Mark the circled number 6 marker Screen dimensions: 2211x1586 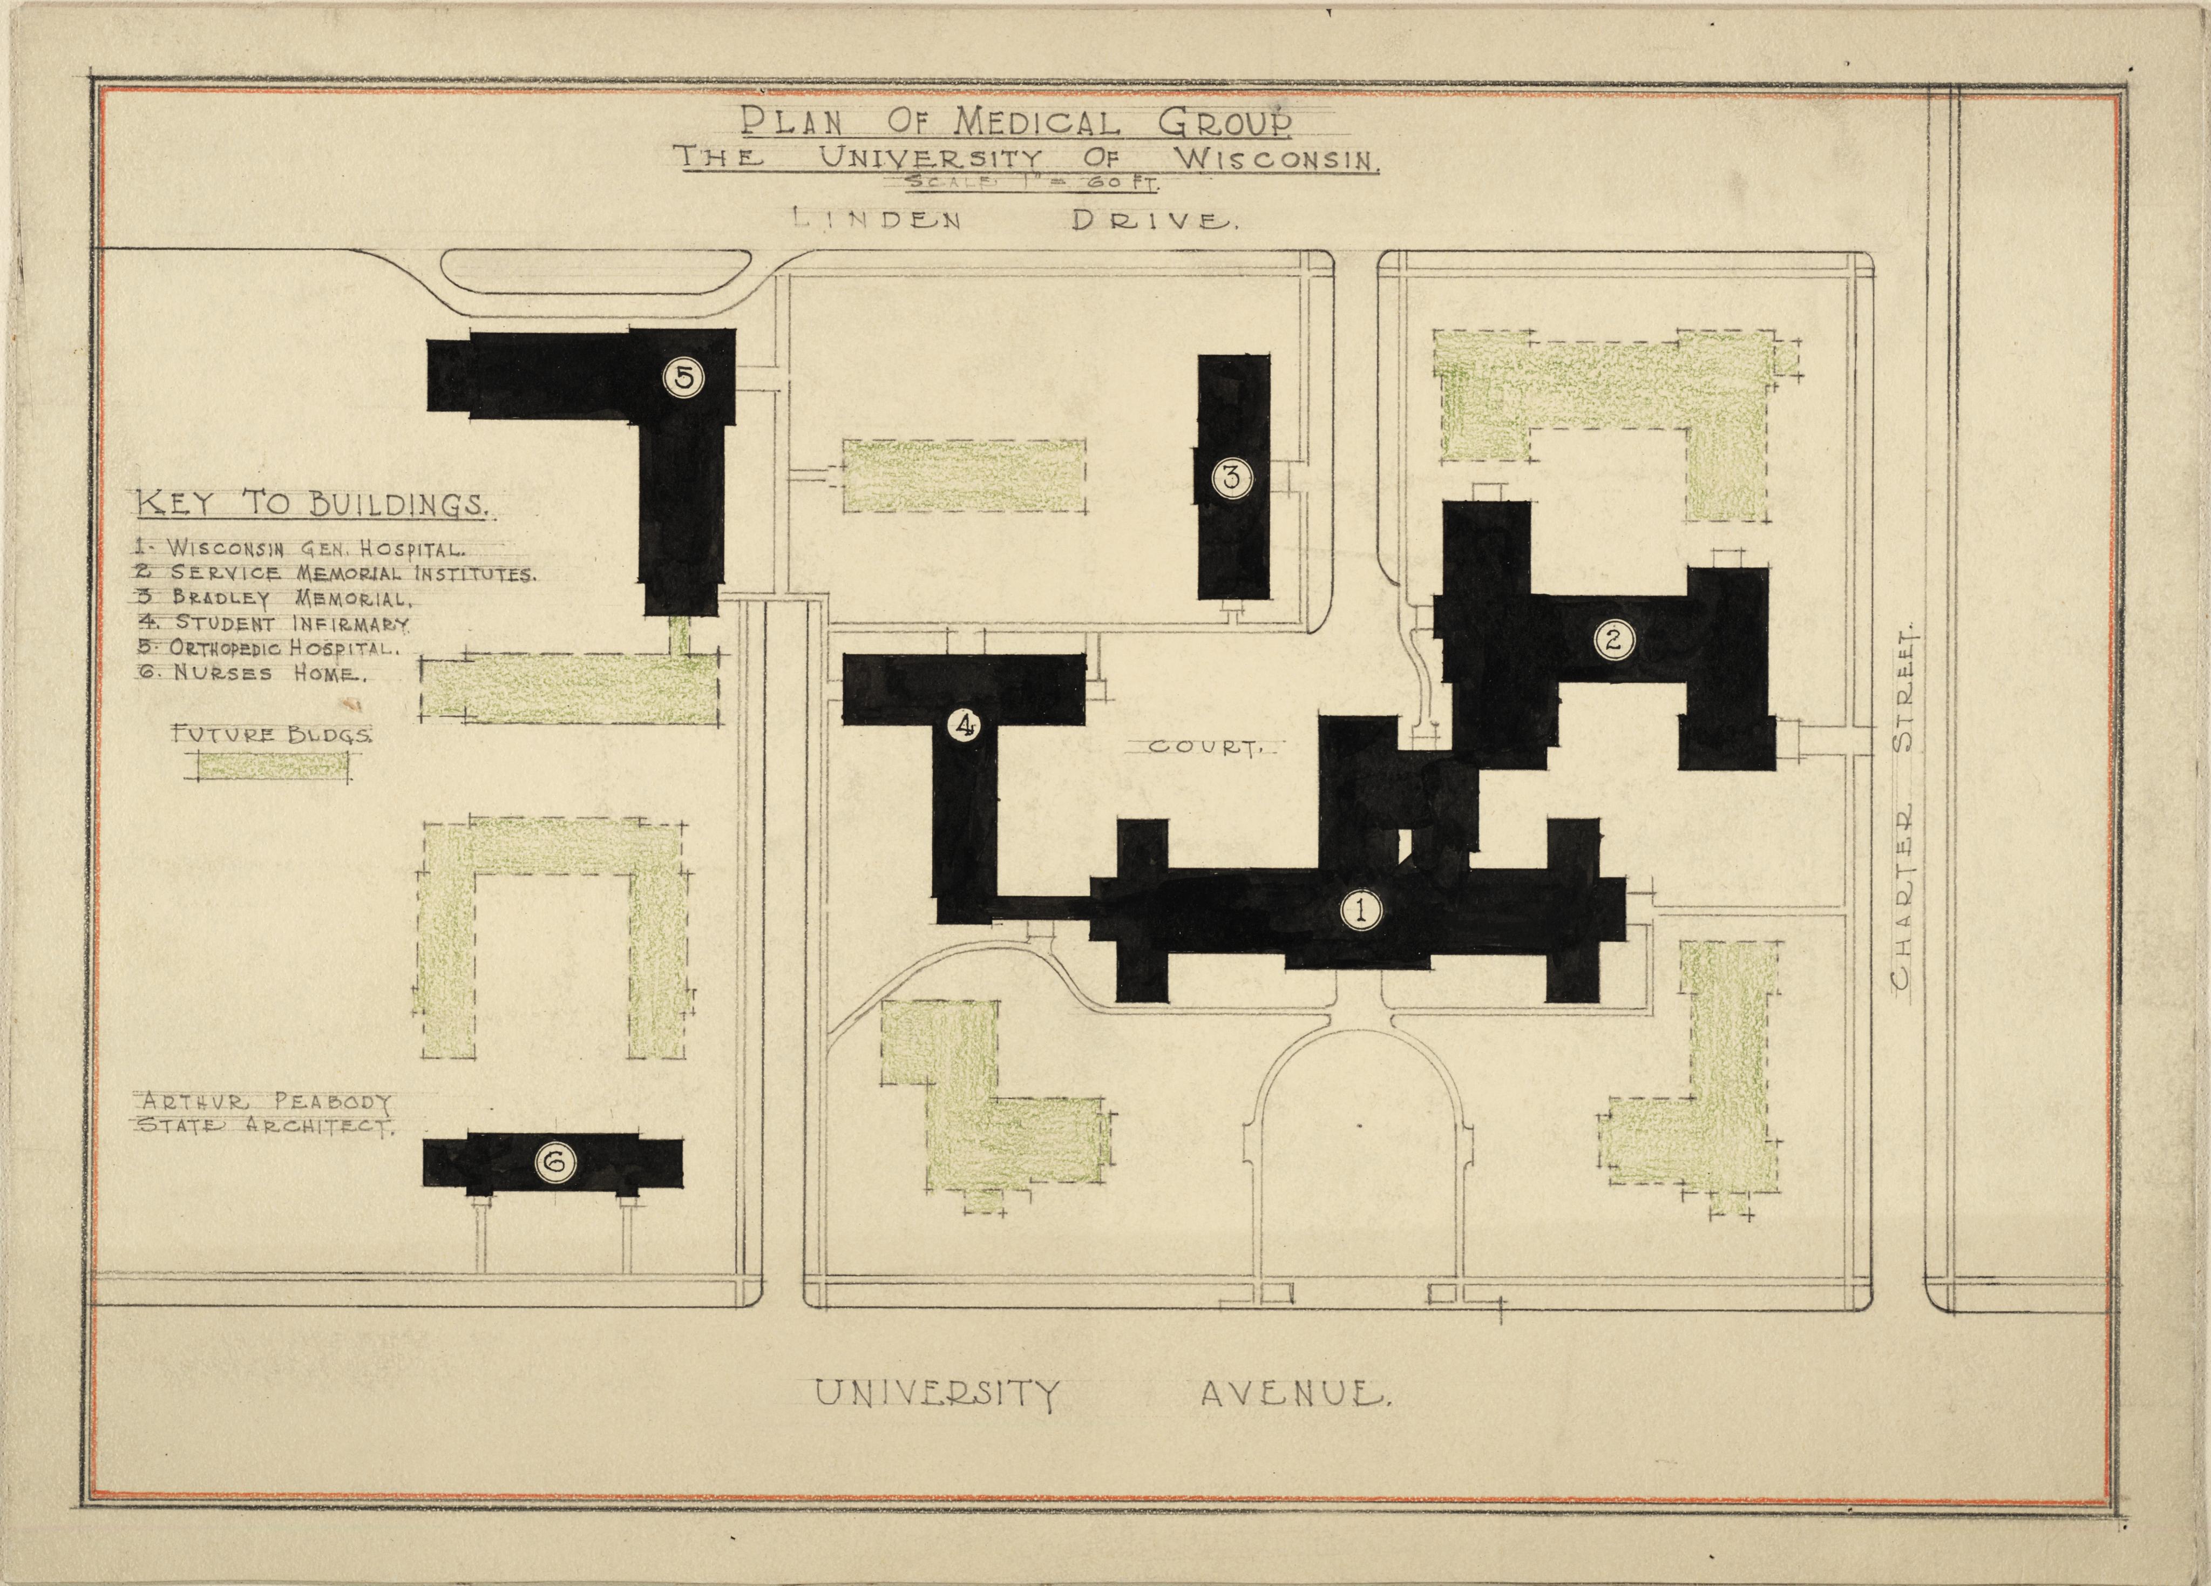pos(554,1162)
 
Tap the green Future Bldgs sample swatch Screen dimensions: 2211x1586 pos(273,767)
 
